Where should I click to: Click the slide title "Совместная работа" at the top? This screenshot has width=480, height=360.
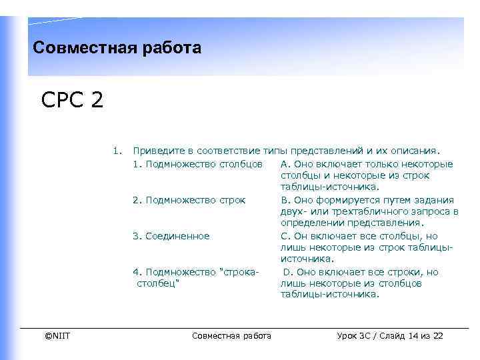click(x=117, y=49)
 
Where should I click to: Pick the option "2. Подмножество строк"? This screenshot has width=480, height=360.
click(x=189, y=200)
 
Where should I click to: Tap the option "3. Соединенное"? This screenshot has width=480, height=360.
click(x=171, y=236)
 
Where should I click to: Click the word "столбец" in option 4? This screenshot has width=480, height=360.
click(x=159, y=283)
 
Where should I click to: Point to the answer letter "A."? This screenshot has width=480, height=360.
click(x=285, y=164)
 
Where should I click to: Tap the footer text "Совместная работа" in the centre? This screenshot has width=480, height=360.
click(x=231, y=335)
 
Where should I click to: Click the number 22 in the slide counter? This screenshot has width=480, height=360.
click(x=438, y=335)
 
